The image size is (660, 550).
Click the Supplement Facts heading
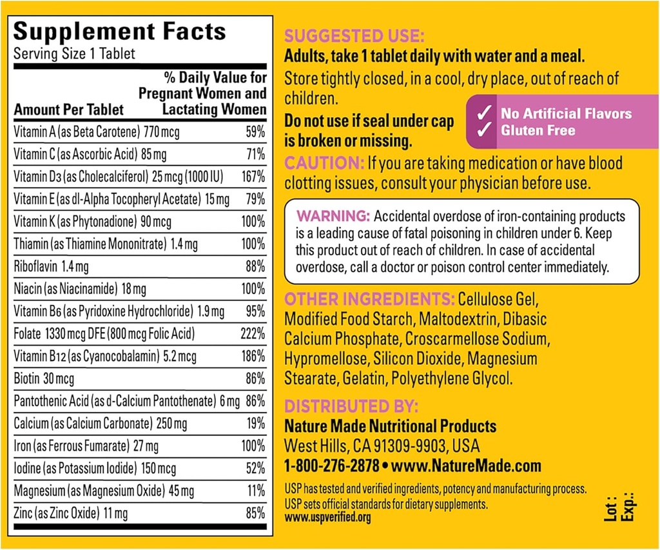pos(120,32)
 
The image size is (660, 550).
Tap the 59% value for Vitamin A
pos(255,132)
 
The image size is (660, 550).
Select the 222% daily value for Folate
pos(253,334)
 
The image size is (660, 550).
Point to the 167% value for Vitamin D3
pos(253,177)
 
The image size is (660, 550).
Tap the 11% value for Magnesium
pos(255,491)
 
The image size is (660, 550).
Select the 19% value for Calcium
pos(255,424)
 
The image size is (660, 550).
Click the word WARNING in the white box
pos(333,215)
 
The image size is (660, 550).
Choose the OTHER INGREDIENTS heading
pos(369,299)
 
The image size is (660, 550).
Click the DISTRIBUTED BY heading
pos(351,406)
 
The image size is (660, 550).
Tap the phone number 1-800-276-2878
pos(331,466)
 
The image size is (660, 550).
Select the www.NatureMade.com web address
pos(466,466)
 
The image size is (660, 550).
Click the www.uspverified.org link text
pos(328,517)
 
